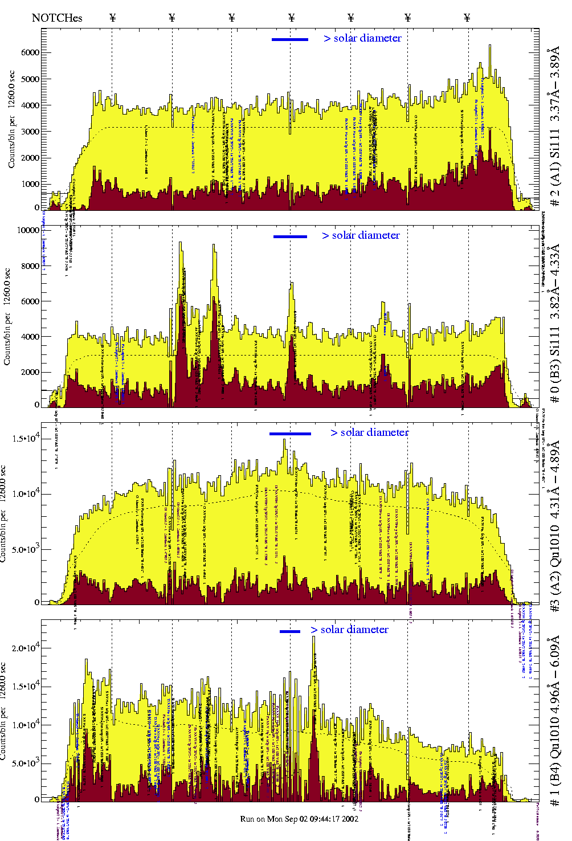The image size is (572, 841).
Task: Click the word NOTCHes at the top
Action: [x=57, y=18]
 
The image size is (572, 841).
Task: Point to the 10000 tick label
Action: [x=28, y=231]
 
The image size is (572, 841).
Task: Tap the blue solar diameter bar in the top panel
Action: [x=290, y=39]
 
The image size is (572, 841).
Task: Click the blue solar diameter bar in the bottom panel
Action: [x=290, y=631]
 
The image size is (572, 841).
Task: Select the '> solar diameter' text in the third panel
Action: [x=369, y=432]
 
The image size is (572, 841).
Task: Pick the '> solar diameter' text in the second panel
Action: [x=361, y=235]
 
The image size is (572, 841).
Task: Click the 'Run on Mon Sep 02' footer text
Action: [x=299, y=819]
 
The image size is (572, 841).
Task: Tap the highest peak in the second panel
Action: [x=180, y=243]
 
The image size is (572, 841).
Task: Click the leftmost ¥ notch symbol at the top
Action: [x=112, y=18]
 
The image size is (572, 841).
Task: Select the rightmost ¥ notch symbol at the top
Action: [x=467, y=18]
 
